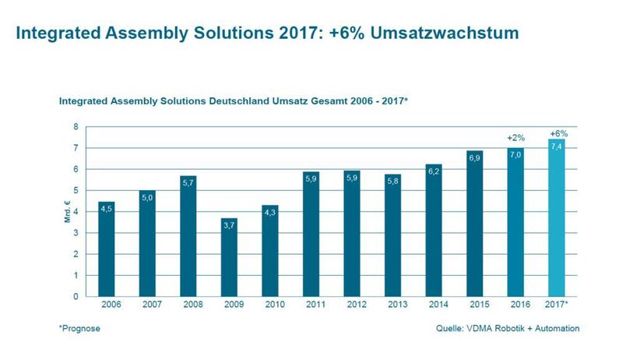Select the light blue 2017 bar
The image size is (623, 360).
558,218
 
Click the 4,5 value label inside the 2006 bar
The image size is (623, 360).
107,209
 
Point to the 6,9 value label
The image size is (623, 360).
476,158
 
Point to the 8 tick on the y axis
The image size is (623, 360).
76,126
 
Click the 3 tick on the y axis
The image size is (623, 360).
76,233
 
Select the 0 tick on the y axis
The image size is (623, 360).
76,297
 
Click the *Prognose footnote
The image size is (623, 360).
79,329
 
